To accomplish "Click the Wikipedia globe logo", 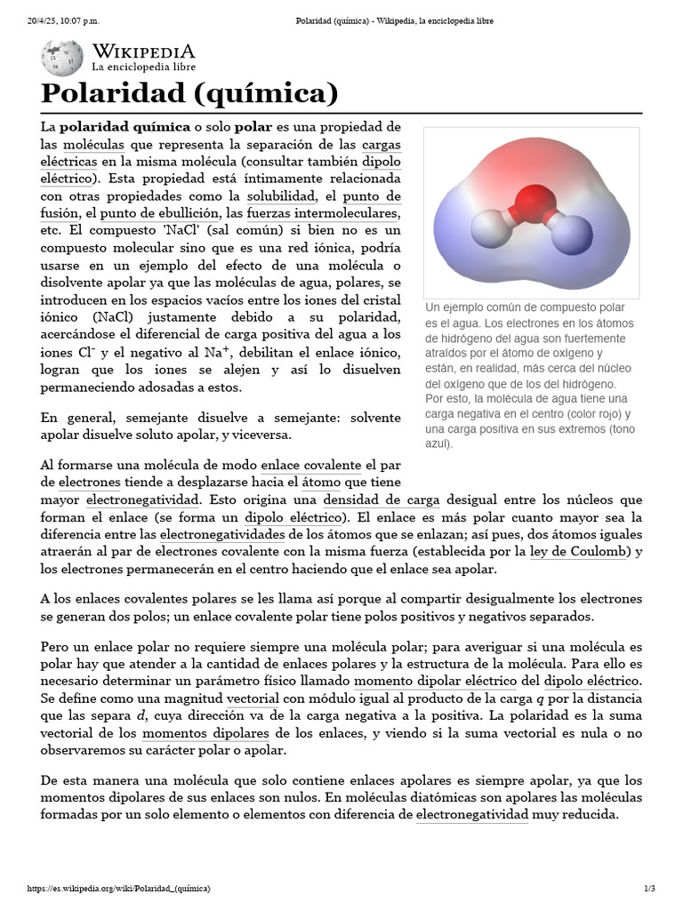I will click(61, 59).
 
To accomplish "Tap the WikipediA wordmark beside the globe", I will click(143, 52).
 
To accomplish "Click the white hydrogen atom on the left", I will click(488, 227).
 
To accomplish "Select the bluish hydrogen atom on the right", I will click(572, 240).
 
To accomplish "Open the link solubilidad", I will click(282, 196).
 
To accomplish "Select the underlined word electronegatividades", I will click(222, 534).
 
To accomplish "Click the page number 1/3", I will click(649, 888).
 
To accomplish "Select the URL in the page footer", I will click(119, 888).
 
